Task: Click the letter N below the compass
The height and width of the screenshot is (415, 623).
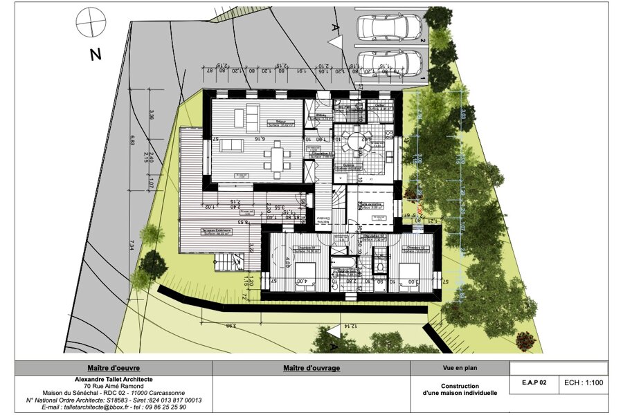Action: (96, 55)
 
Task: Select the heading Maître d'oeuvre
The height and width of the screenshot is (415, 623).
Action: (114, 368)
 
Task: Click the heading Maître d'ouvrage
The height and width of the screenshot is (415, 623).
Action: (311, 368)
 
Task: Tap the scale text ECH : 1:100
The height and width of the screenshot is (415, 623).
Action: (583, 382)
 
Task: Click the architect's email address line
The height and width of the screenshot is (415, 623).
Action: (114, 407)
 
